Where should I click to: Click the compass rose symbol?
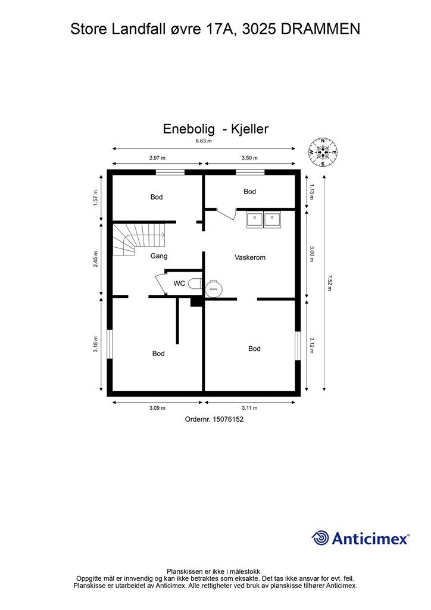323,152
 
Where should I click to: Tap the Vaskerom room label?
250,257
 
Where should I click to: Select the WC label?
179,283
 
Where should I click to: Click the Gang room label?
159,256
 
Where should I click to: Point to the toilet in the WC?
195,284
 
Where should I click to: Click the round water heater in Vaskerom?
213,288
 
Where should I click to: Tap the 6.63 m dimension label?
204,141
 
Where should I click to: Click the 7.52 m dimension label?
330,283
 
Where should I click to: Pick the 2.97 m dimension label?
157,158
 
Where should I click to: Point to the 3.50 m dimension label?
249,158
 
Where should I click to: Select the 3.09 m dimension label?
157,408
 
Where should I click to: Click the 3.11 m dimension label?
249,408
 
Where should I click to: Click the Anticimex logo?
360,538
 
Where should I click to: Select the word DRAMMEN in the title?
320,29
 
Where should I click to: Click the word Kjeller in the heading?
249,129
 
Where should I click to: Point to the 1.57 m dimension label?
96,198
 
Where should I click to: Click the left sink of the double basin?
255,220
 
